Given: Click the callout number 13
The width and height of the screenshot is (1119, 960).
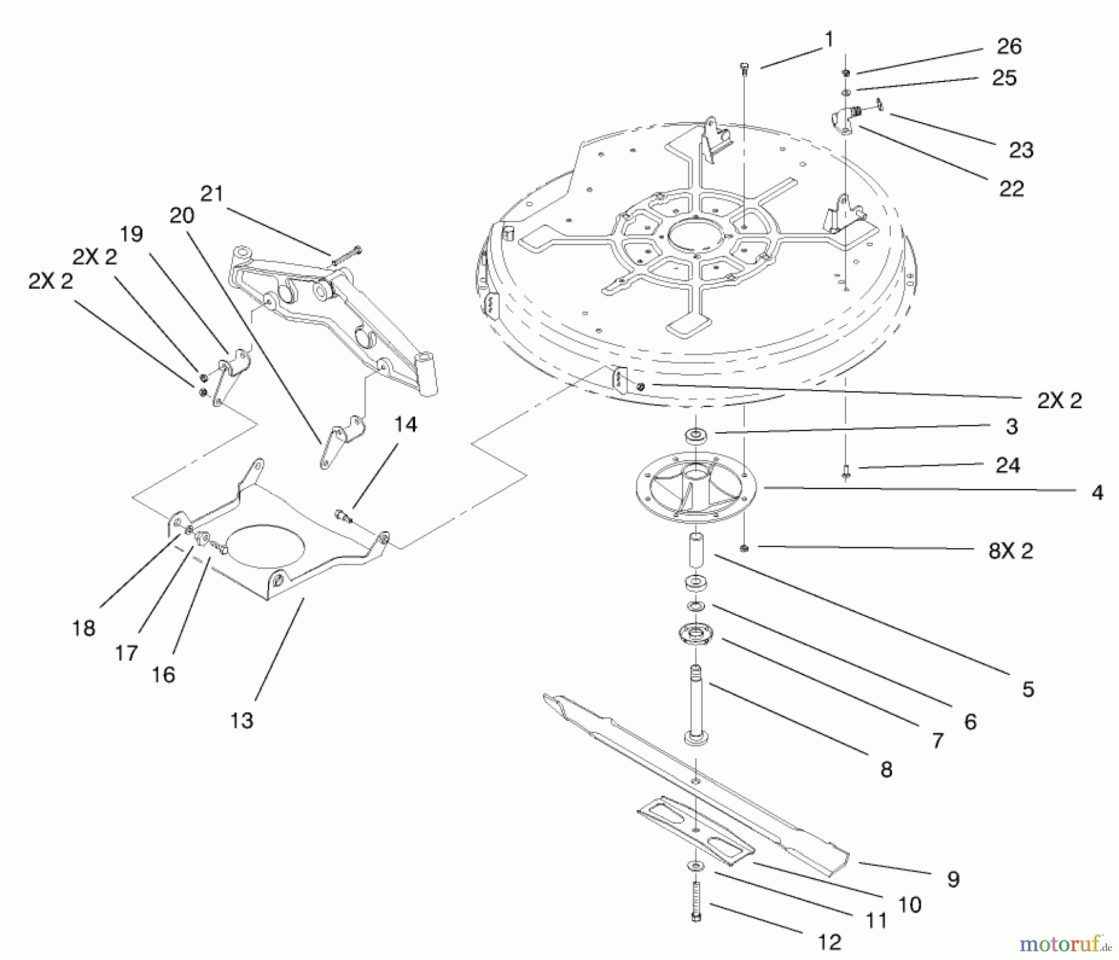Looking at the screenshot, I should pos(242,720).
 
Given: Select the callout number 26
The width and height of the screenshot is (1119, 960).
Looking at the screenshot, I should pos(1009,46).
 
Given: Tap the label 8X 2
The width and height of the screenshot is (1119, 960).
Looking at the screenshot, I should pos(1011,551).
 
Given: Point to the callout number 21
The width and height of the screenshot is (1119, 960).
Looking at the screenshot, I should pos(212,193).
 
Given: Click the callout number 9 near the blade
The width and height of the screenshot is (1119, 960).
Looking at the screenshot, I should pos(953,878).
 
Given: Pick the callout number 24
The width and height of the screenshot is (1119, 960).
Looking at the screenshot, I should pos(1008,465).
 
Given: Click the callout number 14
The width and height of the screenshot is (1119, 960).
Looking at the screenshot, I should pos(405,424).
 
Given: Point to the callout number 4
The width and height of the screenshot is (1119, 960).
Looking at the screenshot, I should pos(1097,492).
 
